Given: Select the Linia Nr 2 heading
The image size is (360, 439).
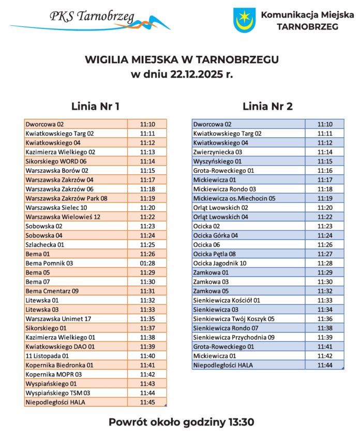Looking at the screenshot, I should [x=267, y=107].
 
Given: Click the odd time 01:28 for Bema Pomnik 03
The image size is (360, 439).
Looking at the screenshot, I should [x=147, y=263].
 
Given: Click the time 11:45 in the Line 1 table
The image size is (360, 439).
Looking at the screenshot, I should [x=147, y=402].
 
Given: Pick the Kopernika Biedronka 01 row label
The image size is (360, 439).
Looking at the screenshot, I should [x=59, y=365].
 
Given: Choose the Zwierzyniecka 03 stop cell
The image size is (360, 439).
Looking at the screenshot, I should [x=217, y=152].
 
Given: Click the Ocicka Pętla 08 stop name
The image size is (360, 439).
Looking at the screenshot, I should [x=214, y=254].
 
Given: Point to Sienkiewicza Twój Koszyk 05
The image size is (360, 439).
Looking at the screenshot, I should [x=234, y=319].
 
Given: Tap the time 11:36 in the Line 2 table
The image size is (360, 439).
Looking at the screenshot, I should [x=325, y=319].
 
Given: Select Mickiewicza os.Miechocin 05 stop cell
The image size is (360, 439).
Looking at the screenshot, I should [x=234, y=198].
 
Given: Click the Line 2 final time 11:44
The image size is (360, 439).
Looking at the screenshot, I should [x=325, y=365].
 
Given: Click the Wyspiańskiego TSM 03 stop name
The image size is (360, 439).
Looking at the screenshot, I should [x=58, y=393].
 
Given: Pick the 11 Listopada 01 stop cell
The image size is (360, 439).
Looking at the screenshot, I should [x=47, y=356].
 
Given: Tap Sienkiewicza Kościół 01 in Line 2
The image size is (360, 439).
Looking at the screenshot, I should [x=227, y=300].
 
